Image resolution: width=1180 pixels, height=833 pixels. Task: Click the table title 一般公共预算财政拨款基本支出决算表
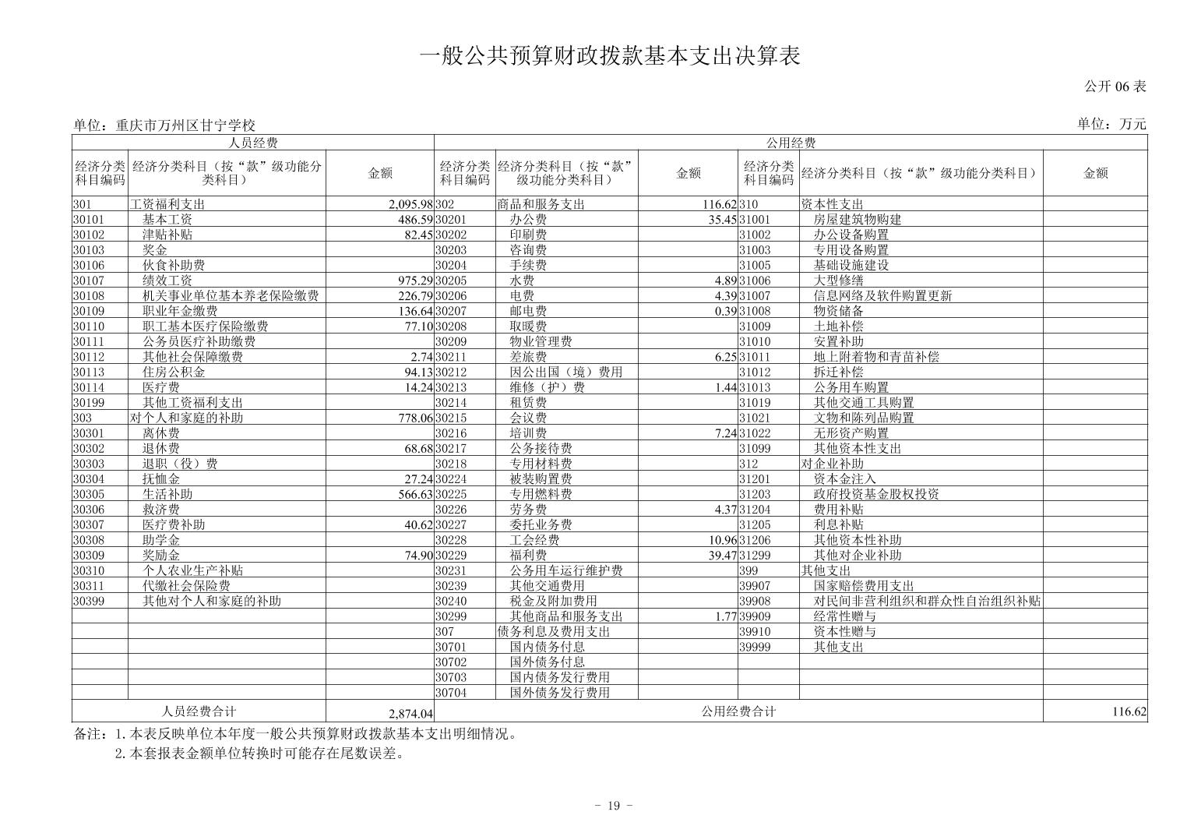pos(610,57)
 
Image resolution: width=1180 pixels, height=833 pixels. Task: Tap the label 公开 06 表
pos(1115,86)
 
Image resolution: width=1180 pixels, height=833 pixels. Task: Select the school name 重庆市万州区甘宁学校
pos(185,125)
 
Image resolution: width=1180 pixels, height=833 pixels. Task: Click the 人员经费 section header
pos(253,143)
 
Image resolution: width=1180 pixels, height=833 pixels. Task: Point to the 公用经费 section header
pos(791,143)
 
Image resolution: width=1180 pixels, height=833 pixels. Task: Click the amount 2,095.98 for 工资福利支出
pos(410,205)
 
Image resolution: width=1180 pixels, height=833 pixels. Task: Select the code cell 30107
pos(88,281)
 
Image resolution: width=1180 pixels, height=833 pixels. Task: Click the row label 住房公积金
pos(174,372)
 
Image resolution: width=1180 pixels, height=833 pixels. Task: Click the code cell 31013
pos(754,388)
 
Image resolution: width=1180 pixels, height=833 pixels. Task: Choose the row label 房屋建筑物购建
pos(858,220)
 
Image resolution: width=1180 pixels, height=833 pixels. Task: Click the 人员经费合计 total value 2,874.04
pos(410,714)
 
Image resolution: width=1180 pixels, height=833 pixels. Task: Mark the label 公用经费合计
pos(738,711)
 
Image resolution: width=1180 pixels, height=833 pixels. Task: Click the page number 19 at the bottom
pos(613,806)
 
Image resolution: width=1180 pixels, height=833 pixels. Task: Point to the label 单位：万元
pos(1111,124)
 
